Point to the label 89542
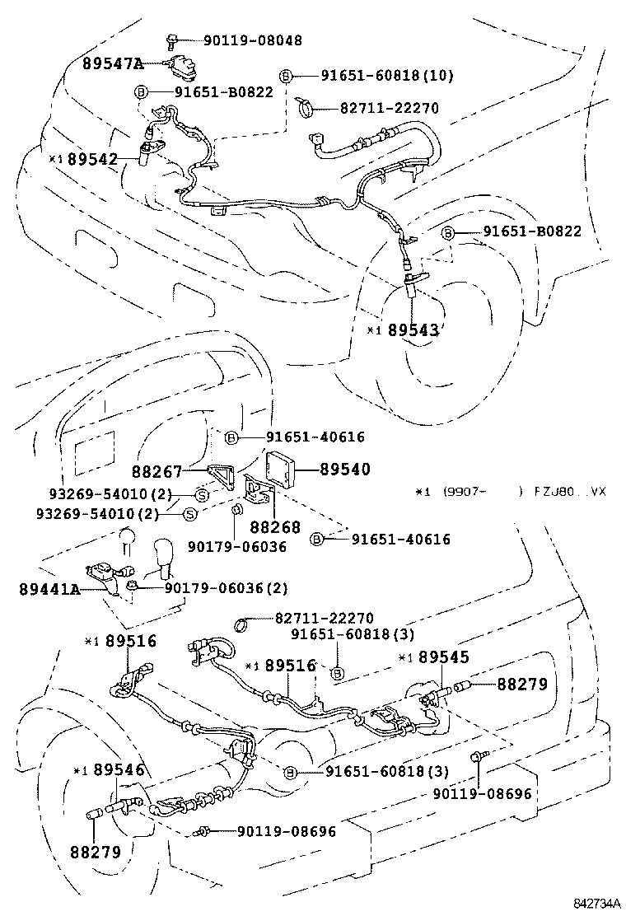coord(92,159)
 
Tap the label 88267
coord(157,472)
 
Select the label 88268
coord(275,526)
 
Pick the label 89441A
coord(49,589)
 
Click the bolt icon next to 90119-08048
coord(174,40)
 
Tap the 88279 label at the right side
coord(521,685)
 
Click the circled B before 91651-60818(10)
coord(285,76)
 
